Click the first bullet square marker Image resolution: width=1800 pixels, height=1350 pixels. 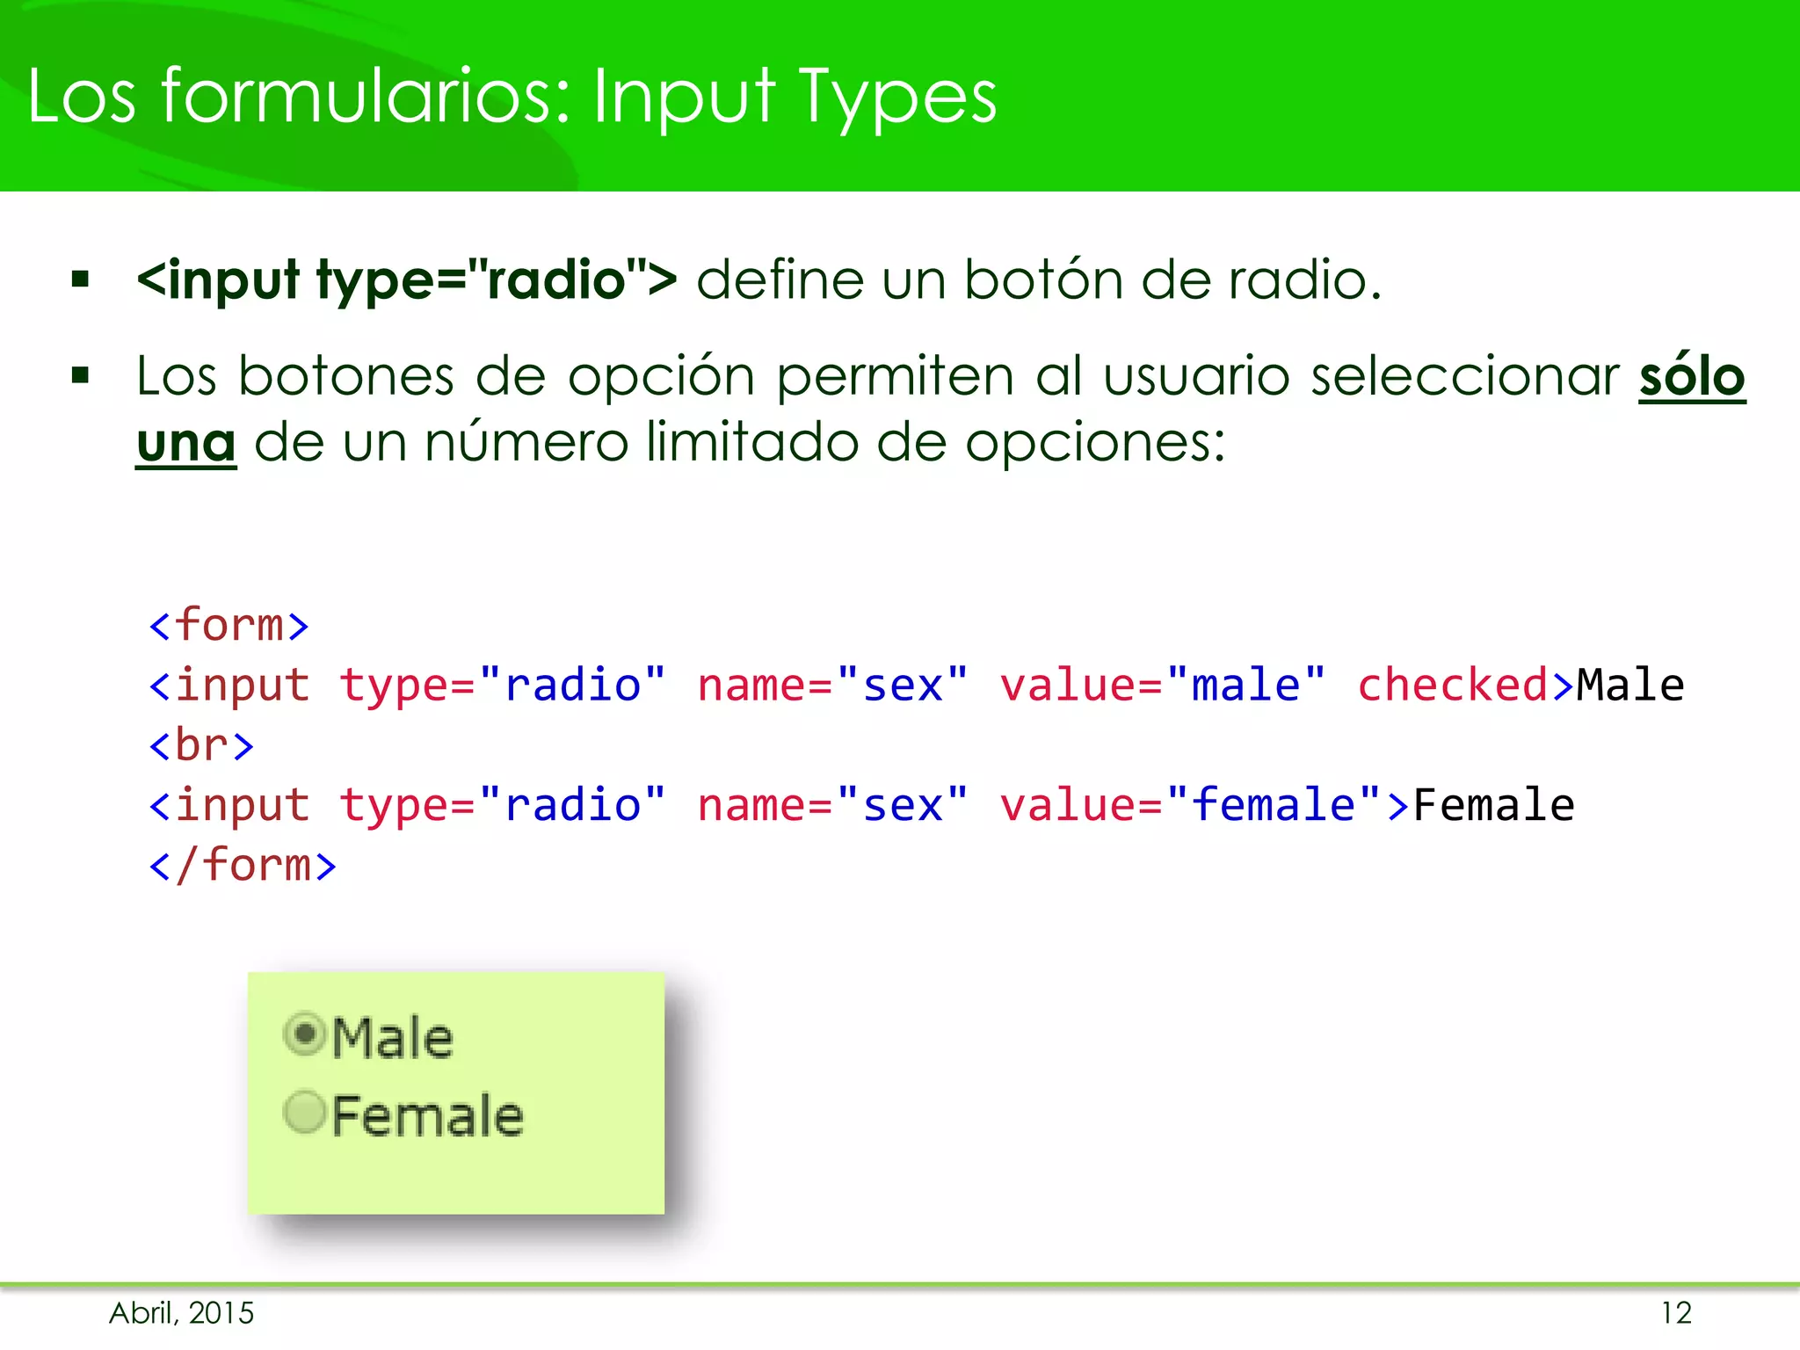point(81,280)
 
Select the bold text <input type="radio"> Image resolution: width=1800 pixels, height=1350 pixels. point(407,280)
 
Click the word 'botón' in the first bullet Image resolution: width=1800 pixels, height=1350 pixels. point(1042,280)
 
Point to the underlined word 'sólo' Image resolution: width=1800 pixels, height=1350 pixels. point(1691,377)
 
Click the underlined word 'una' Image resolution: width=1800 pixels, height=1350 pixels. point(185,442)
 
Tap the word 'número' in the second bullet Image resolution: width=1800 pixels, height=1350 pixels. point(526,442)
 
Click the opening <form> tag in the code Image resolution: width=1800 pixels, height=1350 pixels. point(229,626)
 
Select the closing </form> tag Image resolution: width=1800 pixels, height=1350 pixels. point(243,866)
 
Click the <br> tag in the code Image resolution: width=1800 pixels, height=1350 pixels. point(201,746)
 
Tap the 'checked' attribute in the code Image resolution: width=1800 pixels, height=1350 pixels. point(1452,686)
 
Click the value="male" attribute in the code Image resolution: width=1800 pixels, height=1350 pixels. point(1162,686)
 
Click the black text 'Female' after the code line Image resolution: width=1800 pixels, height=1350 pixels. point(1493,806)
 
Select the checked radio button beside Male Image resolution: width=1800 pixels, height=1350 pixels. point(305,1034)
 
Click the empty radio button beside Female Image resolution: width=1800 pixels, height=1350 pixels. point(305,1113)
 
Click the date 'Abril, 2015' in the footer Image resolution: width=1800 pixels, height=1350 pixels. point(181,1313)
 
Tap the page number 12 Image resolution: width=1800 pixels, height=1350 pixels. point(1676,1313)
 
